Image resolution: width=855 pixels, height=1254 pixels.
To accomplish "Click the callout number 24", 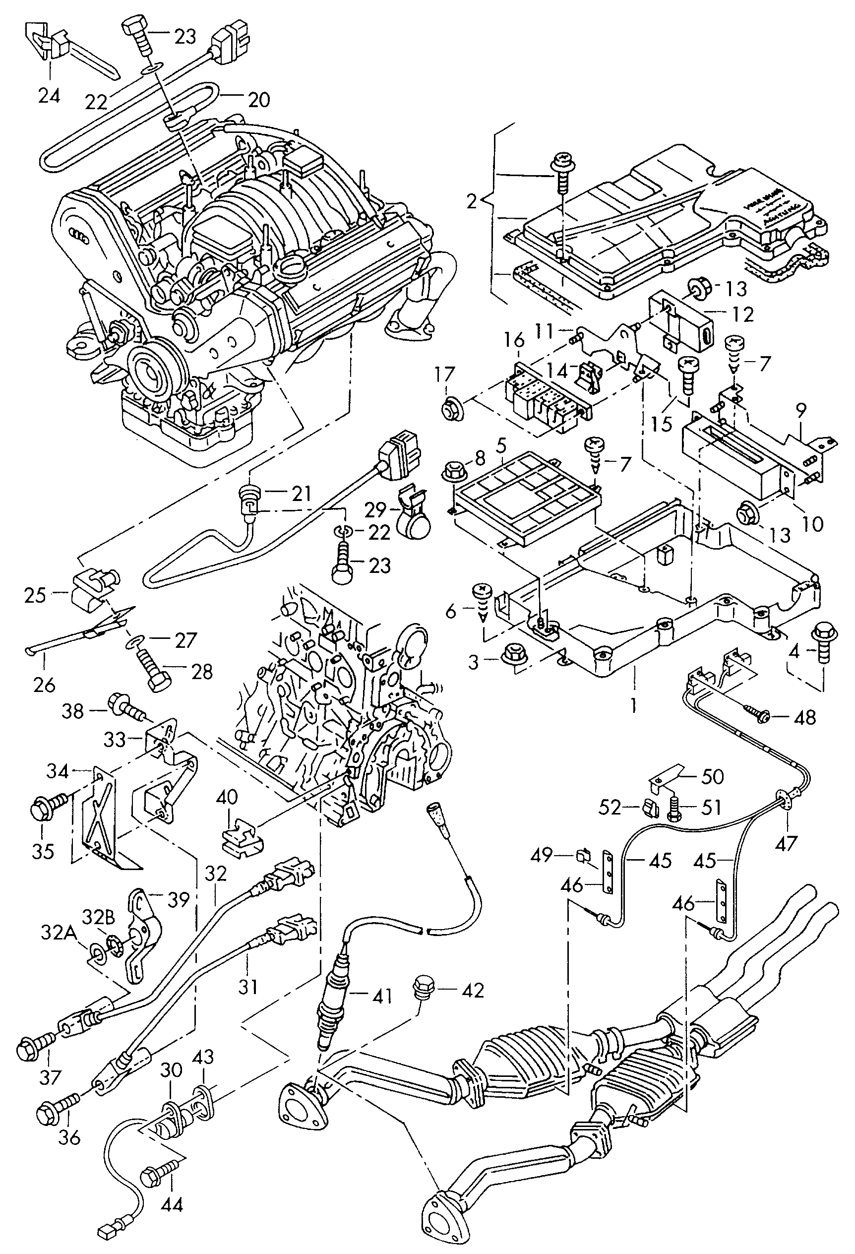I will [49, 96].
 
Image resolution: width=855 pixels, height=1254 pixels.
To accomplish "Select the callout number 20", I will [259, 100].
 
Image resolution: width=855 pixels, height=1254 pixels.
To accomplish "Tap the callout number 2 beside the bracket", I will [472, 202].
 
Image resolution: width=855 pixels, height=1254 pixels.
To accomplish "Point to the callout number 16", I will [514, 340].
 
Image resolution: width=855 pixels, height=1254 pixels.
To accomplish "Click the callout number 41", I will [382, 996].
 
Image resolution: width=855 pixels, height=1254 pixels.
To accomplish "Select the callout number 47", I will [786, 843].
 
